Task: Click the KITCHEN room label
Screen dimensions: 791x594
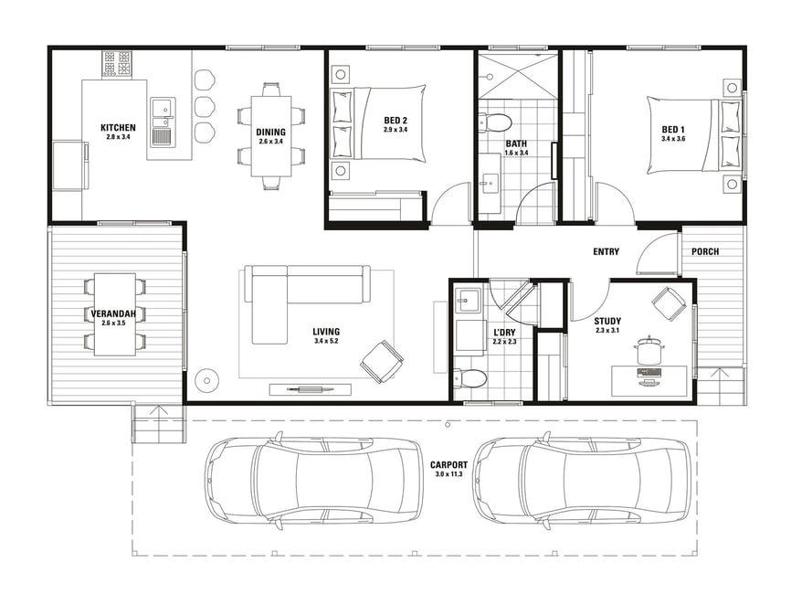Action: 118,128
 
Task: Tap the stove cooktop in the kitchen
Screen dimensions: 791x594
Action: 117,64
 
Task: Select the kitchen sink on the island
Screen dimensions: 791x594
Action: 163,122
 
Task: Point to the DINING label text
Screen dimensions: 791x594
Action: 271,133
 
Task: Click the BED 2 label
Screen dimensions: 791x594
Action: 395,120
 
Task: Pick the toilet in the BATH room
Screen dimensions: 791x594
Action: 495,122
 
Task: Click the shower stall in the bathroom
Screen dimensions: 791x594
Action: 518,75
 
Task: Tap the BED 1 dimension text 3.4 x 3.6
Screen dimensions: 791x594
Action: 673,138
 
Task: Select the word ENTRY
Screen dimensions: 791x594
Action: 606,251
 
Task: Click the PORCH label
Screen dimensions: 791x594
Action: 705,251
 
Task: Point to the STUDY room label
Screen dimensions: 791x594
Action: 607,321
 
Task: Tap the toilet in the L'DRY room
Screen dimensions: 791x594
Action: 470,377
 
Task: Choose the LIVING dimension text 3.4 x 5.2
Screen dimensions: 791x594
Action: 326,341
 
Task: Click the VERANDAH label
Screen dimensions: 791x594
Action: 113,314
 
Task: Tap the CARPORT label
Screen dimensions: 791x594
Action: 449,465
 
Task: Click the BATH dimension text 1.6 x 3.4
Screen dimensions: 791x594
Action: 517,152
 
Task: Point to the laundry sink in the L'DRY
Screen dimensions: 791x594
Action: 468,301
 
